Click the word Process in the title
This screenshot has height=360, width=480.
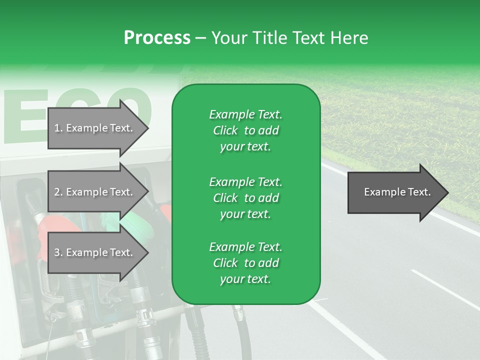pos(157,38)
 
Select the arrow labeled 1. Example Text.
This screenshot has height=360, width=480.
pos(98,128)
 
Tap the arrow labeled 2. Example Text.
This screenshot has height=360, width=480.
pos(98,192)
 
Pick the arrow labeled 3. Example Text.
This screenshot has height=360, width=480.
pos(98,253)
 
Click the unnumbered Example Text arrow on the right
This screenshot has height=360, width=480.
pos(397,192)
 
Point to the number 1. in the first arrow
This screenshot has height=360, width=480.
pos(58,128)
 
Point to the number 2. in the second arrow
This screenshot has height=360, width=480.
pos(58,192)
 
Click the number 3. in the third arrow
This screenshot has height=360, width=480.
pos(58,253)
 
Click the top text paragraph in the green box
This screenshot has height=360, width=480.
pos(245,130)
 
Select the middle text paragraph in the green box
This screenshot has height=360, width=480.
pos(245,198)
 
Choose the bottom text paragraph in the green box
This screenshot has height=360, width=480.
pos(245,263)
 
